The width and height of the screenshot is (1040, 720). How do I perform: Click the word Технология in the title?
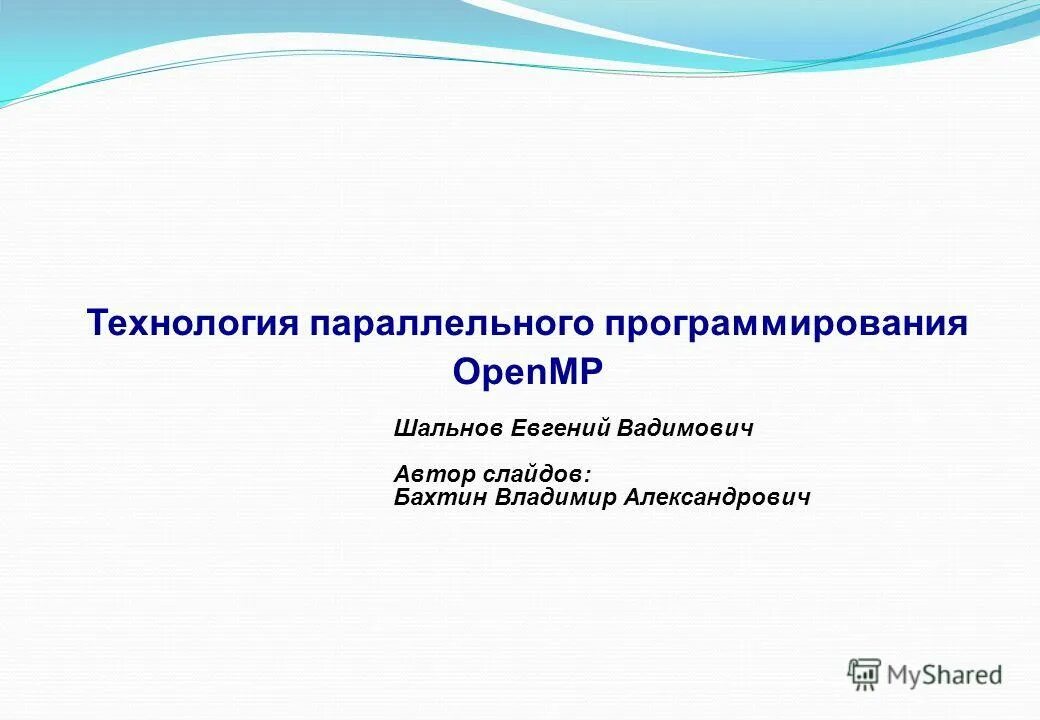[x=192, y=324]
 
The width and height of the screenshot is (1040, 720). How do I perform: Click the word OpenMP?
[x=529, y=374]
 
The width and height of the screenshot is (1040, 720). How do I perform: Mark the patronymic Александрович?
[x=716, y=497]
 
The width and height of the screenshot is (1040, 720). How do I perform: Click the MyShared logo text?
[x=946, y=676]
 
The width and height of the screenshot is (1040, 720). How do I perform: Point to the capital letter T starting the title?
[x=97, y=324]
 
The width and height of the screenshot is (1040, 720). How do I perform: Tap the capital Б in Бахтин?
[x=402, y=497]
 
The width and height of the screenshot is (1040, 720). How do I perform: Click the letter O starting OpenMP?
[x=465, y=374]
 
